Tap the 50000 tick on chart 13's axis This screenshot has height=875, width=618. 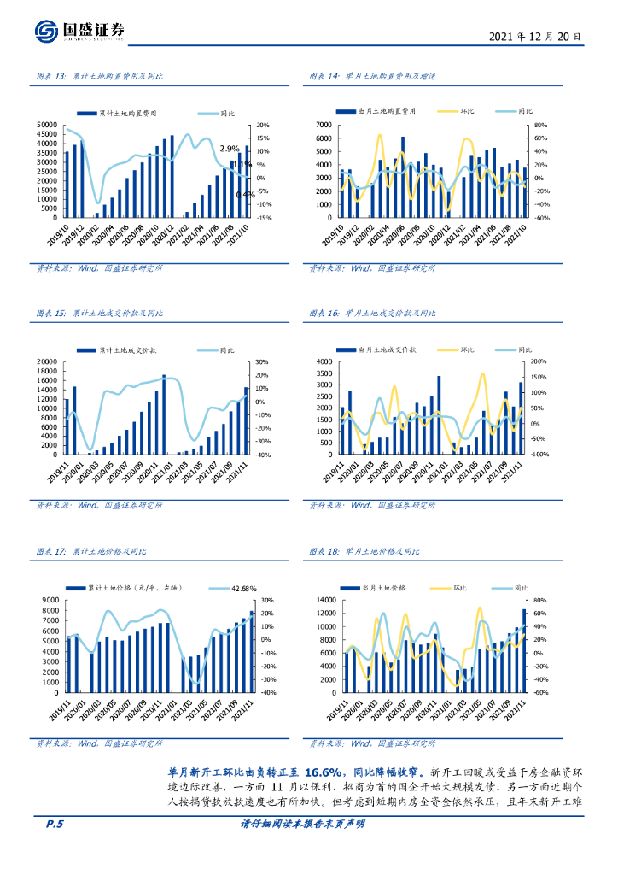point(48,126)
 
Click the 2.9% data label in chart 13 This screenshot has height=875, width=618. point(230,148)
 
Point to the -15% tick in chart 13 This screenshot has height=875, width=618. point(264,218)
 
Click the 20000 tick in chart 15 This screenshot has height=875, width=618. point(48,363)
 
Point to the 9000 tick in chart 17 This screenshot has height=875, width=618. point(50,600)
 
